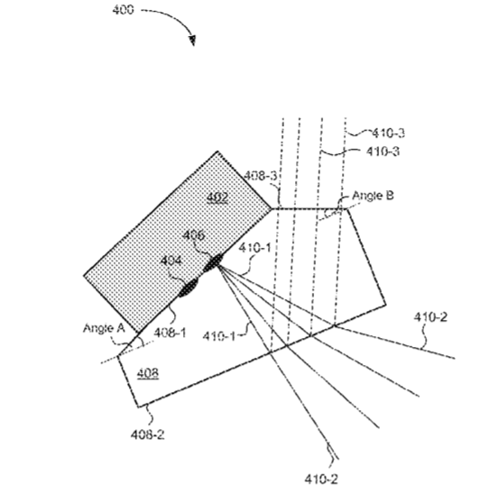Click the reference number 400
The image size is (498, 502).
123,10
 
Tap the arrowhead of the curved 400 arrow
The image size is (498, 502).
192,41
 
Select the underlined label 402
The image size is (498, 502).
217,197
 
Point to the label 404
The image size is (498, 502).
171,261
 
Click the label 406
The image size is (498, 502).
193,235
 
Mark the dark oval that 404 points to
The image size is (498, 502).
189,288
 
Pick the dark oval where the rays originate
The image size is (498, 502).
213,262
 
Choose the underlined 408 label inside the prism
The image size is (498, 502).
148,374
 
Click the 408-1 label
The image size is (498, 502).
170,333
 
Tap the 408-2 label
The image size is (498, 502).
147,434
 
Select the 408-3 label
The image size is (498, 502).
260,176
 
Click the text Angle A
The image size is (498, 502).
104,328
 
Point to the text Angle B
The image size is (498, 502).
373,196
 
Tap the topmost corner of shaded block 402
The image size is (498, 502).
217,151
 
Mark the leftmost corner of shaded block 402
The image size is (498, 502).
84,275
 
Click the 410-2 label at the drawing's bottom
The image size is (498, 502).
321,479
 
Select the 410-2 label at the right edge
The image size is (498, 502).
430,317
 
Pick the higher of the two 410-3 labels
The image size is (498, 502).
388,132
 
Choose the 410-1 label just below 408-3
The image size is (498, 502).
254,248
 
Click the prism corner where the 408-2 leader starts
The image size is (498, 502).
138,407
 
